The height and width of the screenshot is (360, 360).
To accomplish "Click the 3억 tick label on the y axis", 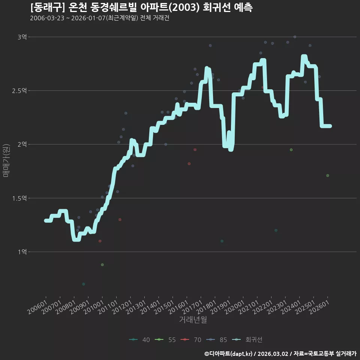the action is tap(22, 37).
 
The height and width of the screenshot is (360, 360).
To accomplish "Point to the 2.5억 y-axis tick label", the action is tap(19, 91).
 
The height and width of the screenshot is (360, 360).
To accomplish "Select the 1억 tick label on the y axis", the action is tap(22, 252).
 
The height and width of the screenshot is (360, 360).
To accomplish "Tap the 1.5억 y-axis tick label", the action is tap(19, 198).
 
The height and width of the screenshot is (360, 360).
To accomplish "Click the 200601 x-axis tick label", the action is tap(37, 307).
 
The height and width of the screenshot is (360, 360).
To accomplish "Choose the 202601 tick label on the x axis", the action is tap(319, 307).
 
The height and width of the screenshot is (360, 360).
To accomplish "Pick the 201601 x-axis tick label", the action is tap(178, 307).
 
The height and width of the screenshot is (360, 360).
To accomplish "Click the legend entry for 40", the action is tap(139, 340).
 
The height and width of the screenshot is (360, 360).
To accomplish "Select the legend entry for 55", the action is tap(165, 340).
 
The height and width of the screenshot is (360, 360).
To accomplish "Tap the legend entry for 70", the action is tap(191, 340).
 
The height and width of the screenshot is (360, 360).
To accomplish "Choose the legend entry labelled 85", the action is tap(217, 340).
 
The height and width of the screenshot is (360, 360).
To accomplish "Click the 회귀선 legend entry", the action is tap(247, 340).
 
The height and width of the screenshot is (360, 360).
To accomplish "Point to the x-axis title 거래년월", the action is tap(193, 319).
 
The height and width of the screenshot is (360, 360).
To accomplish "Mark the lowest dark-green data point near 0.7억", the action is tap(84, 284).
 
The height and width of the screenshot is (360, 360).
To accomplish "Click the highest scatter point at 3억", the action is tap(295, 37).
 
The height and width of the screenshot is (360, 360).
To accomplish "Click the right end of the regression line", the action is tap(330, 126).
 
